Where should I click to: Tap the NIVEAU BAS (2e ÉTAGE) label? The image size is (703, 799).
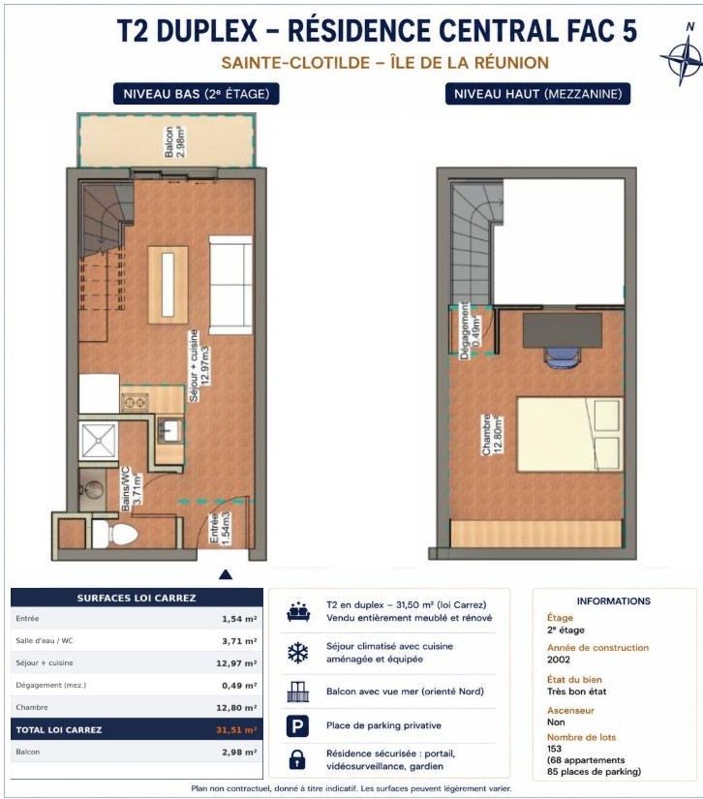point(197,94)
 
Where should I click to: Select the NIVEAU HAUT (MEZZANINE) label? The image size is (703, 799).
point(538,94)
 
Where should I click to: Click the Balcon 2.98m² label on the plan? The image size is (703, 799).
point(174,141)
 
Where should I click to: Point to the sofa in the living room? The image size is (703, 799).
point(230,285)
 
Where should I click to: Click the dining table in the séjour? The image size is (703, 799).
point(168,285)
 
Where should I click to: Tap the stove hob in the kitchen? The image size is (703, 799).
point(135,403)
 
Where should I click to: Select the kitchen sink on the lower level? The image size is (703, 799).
point(169,431)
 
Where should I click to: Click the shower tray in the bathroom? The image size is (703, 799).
point(99,441)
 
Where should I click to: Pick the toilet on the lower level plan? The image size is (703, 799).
point(115,534)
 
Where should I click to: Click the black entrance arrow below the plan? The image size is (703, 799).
point(226,574)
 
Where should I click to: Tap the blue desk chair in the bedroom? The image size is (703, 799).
point(563,356)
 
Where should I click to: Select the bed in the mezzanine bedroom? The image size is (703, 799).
point(570,435)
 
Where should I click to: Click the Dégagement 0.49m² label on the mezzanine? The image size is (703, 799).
point(470,330)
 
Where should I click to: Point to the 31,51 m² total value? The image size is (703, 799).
point(236,729)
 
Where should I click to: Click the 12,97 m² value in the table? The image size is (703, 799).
point(236,663)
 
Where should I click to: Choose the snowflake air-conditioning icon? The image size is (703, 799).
point(298,653)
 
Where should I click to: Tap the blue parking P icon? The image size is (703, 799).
point(297,725)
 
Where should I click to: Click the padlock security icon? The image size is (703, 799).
point(297,758)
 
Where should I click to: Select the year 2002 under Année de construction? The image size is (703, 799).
point(559,660)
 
